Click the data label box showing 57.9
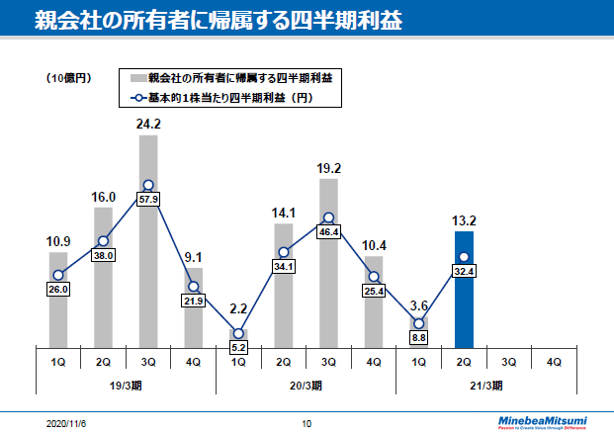click(x=148, y=200)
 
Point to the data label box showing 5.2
click(x=238, y=348)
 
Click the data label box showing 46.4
click(x=328, y=231)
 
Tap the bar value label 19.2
click(x=328, y=168)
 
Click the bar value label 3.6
click(x=418, y=305)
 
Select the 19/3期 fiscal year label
click(x=126, y=386)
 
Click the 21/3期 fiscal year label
click(x=485, y=386)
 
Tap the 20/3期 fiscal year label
click(x=306, y=386)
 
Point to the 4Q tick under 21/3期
click(x=554, y=362)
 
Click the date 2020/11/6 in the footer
click(x=66, y=423)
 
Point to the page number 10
click(x=307, y=423)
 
